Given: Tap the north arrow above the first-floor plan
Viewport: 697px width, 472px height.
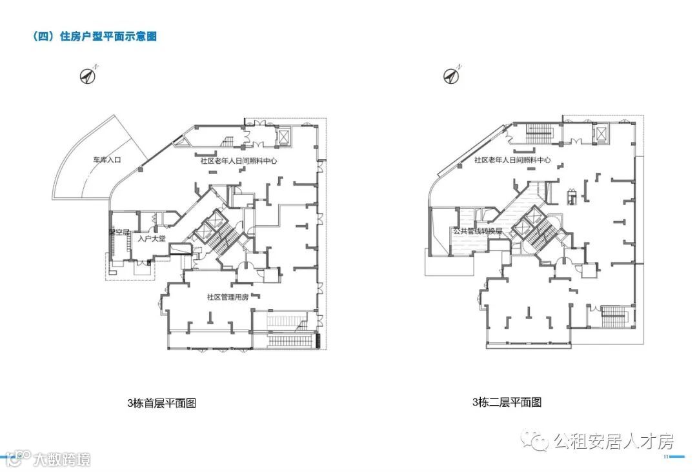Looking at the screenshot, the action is (88, 75).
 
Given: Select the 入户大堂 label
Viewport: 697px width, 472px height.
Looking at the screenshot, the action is (150, 239).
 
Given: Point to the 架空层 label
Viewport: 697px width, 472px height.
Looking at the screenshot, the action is (119, 232).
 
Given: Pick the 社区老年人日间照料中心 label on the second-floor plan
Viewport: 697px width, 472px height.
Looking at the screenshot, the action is (512, 160).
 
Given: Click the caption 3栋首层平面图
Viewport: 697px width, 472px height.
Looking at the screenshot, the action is (161, 404).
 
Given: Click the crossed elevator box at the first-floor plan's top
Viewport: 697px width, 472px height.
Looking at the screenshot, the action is (284, 137).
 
